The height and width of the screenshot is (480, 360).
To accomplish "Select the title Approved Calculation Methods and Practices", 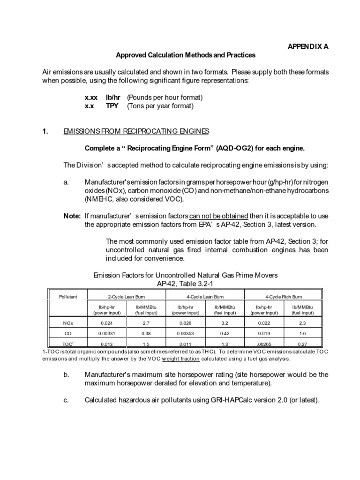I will point(186,55).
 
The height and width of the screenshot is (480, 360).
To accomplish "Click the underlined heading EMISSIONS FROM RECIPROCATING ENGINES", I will point(136,131).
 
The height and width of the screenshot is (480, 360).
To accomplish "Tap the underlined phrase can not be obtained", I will point(218,216).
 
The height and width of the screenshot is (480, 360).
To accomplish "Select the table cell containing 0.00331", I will point(107,333).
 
